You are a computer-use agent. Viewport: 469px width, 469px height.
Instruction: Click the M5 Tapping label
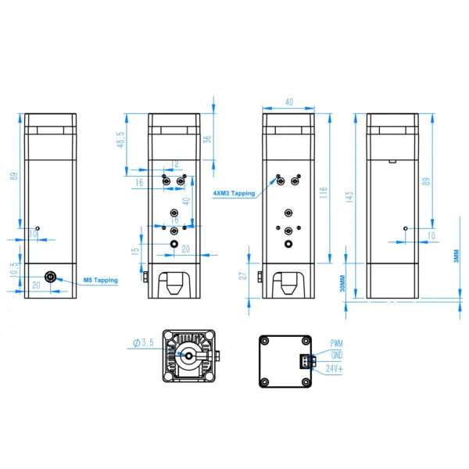point(100,280)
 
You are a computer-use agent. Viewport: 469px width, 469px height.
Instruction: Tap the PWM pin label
point(336,343)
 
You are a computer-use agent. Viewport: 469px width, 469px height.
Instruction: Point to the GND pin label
point(336,354)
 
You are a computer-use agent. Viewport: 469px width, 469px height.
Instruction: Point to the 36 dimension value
point(207,139)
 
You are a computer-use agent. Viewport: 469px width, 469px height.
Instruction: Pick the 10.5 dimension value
point(13,270)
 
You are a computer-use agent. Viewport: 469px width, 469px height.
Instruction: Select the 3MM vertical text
point(456,257)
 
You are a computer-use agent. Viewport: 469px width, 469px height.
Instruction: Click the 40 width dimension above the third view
point(288,102)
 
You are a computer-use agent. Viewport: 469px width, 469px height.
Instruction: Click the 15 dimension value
point(134,250)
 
